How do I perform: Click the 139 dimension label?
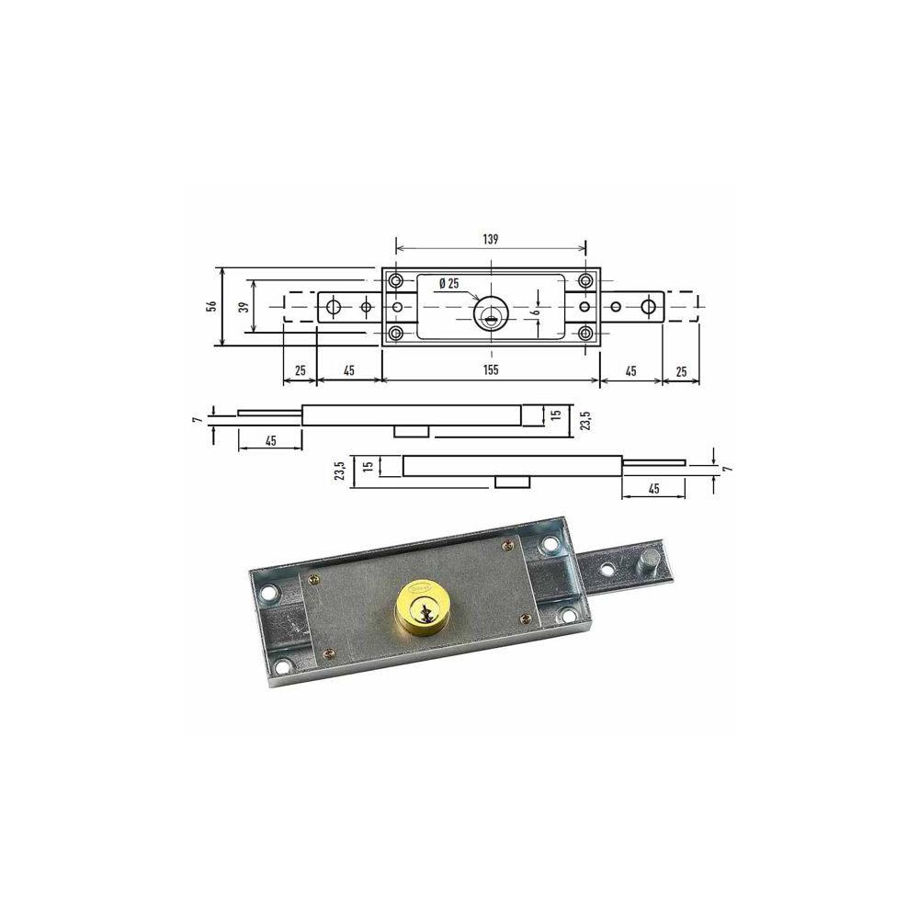[x=491, y=239]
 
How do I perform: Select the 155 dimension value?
[x=491, y=370]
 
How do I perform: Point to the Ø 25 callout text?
[x=449, y=284]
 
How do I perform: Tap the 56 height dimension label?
[x=212, y=306]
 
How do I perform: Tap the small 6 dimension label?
[x=535, y=313]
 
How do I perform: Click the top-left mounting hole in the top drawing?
[x=396, y=280]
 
